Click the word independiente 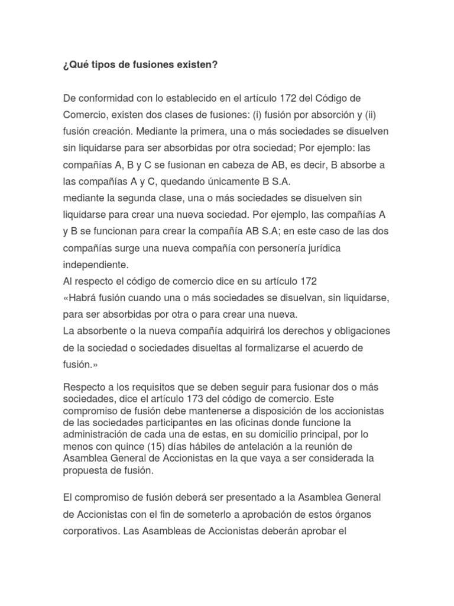point(95,263)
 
